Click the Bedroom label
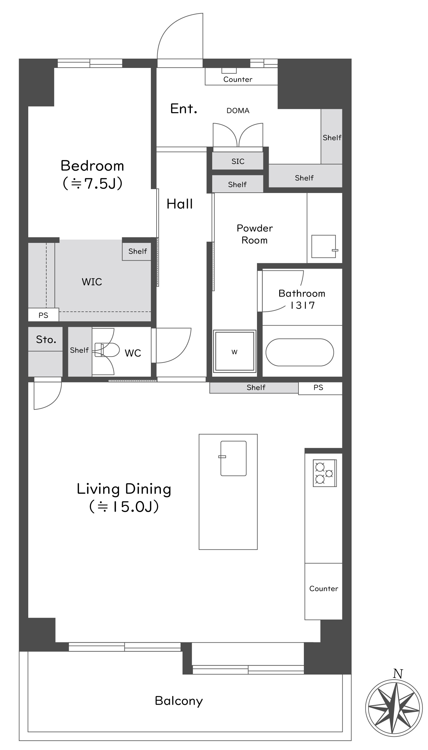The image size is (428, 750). coord(92,166)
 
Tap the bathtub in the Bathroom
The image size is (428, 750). coord(300,352)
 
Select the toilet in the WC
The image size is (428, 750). coord(107,350)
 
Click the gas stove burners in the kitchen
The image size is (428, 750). coord(325,473)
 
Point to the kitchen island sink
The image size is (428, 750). coord(233,458)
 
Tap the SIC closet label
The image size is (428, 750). coord(238,161)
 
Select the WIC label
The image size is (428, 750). coord(92,282)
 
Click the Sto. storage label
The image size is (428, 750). coord(46,340)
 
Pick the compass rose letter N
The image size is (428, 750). coord(398,674)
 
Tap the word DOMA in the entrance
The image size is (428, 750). coord(238,111)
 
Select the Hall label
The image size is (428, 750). coord(180,204)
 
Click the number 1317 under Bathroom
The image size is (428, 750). coord(302,305)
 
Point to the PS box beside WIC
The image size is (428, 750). coord(44,315)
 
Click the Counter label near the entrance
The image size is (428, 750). coord(238,79)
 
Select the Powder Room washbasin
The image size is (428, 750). coord(324,246)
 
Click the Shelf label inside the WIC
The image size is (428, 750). coord(138,251)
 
